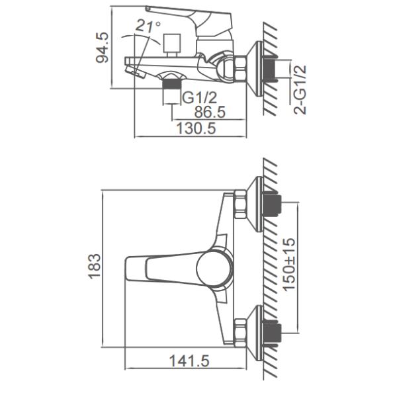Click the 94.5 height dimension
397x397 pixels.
click(103, 48)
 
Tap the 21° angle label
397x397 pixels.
click(148, 26)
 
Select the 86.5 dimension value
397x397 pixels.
click(210, 112)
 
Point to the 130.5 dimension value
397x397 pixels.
click(196, 128)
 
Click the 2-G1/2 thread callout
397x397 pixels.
click(300, 90)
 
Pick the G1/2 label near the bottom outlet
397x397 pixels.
click(200, 98)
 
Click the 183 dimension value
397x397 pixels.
click(94, 266)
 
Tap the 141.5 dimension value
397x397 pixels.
click(189, 361)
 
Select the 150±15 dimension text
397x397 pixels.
click(289, 265)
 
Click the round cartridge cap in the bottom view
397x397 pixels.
click(214, 269)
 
